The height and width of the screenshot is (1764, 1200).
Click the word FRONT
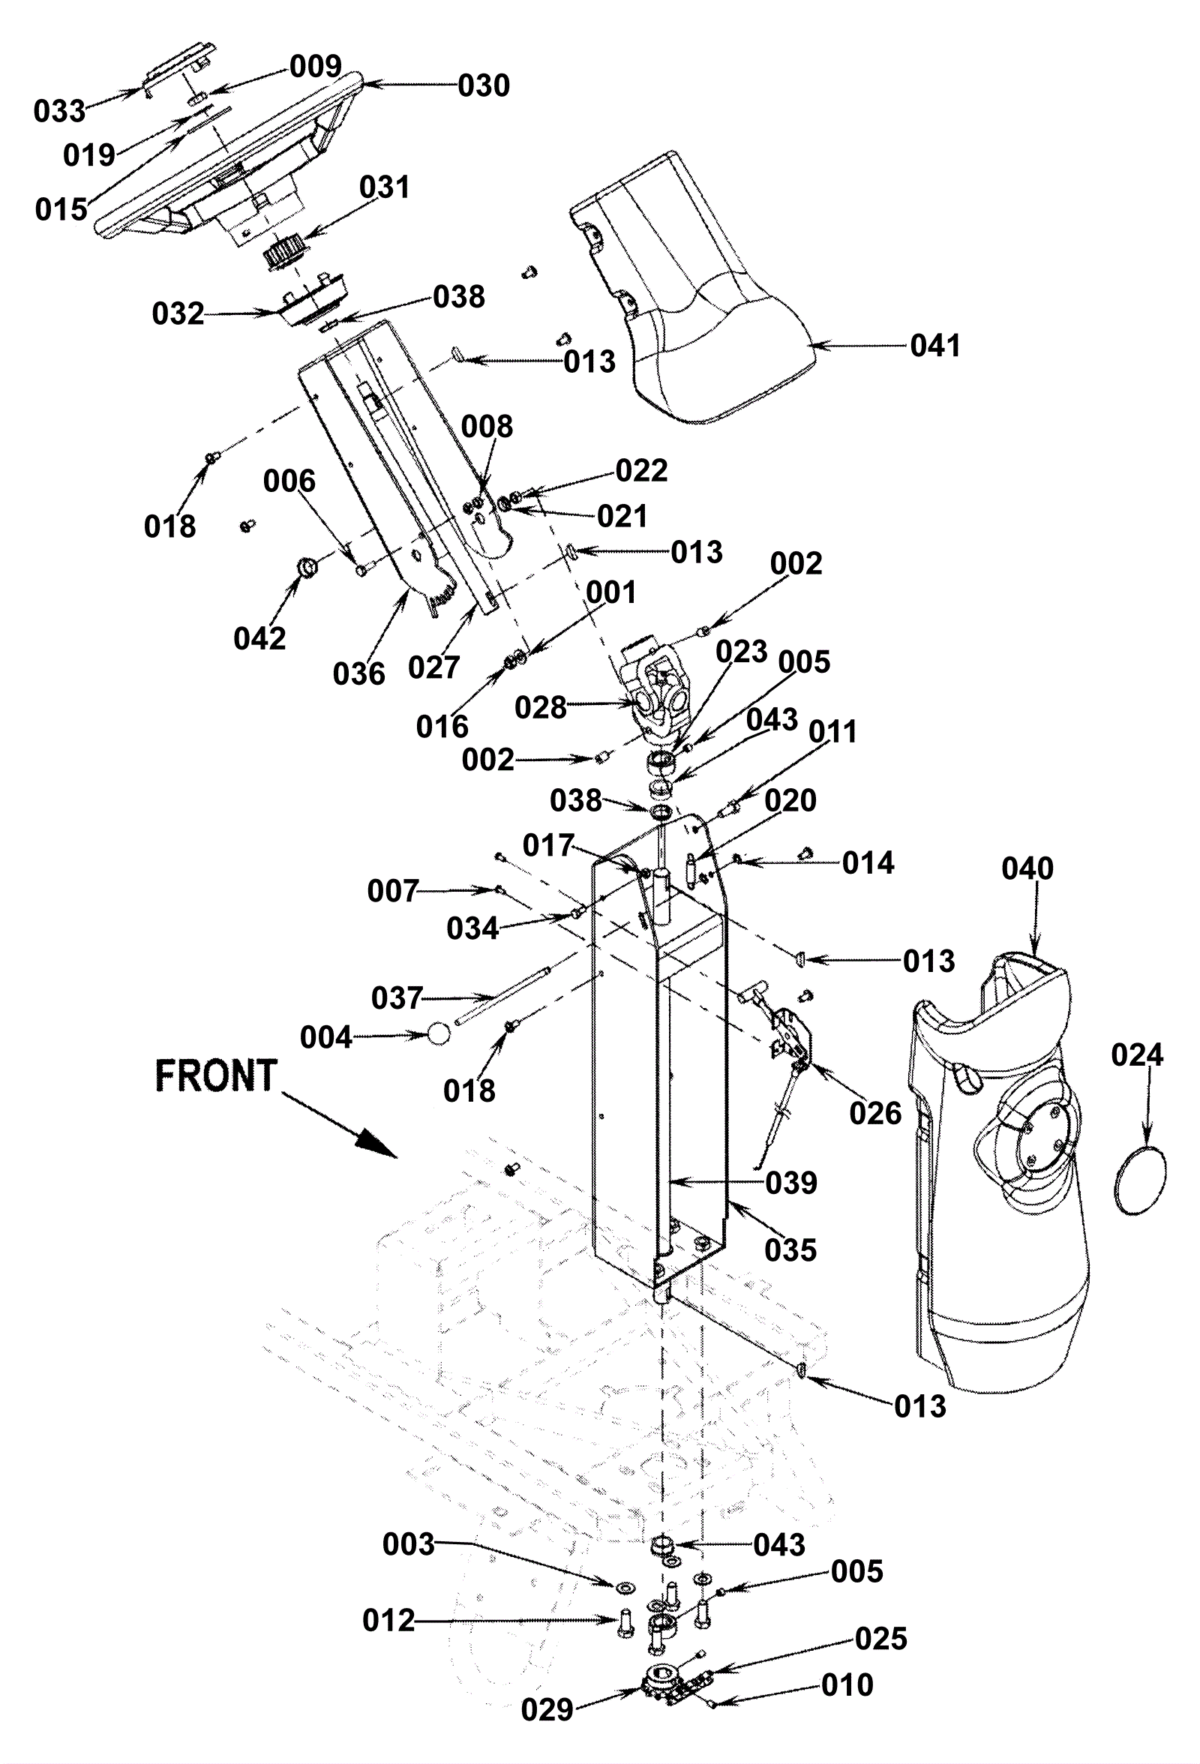[215, 1075]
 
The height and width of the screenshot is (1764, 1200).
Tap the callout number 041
[935, 345]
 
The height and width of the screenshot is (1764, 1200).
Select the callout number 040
[1027, 868]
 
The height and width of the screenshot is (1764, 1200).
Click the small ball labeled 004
[439, 1033]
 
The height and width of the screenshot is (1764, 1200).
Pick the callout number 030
[484, 85]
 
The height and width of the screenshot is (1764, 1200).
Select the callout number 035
[790, 1250]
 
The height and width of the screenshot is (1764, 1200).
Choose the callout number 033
[59, 112]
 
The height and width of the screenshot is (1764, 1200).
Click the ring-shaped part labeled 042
[307, 566]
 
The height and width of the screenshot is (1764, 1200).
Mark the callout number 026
[875, 1114]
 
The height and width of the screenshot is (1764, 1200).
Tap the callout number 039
[791, 1183]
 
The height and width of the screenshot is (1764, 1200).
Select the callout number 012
[388, 1621]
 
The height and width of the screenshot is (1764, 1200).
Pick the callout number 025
[880, 1639]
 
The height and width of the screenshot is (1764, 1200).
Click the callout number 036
[359, 673]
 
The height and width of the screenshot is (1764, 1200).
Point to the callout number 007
[393, 891]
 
